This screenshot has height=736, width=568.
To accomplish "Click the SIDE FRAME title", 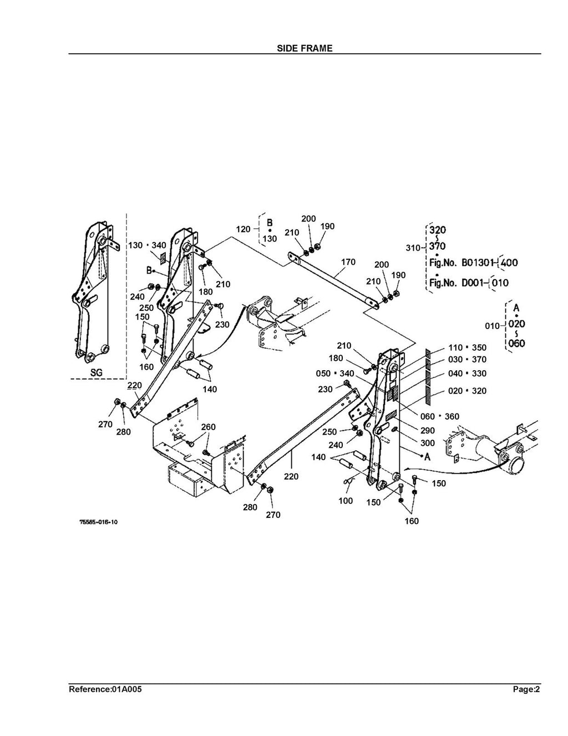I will tap(305, 48).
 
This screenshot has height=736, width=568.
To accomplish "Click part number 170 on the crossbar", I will tap(348, 261).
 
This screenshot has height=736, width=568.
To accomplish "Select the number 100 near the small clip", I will tap(346, 501).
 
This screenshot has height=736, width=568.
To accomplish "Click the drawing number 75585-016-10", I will tap(99, 522).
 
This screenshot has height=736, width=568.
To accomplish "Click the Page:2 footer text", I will tap(526, 689).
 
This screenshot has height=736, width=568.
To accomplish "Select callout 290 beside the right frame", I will tap(428, 430).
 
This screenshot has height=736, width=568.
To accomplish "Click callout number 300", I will tap(428, 443).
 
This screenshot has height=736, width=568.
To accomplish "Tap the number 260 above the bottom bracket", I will tap(208, 427).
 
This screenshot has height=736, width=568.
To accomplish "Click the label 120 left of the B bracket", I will tap(243, 229).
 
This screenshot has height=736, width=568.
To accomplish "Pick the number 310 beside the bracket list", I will tap(413, 248).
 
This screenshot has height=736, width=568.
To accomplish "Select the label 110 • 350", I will tap(467, 347).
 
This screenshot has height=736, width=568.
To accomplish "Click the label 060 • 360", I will tap(440, 416).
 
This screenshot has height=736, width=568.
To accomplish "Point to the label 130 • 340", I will tap(147, 245).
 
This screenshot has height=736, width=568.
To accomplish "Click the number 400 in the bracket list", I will tap(509, 263).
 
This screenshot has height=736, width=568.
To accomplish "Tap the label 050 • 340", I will tap(334, 374).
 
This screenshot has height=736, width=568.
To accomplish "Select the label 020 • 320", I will tap(467, 391).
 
